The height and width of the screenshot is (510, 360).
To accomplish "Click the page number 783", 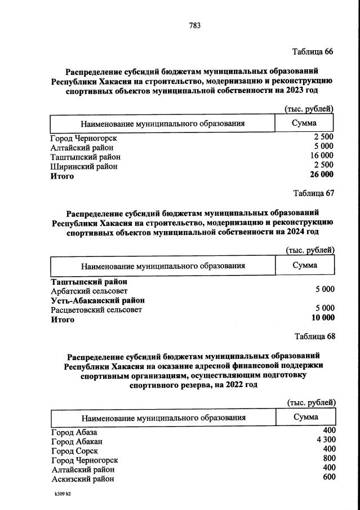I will [195, 25].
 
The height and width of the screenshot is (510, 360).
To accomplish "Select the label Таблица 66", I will [313, 51].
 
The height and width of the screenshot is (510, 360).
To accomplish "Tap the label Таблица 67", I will [314, 193].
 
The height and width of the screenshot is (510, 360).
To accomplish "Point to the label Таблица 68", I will [314, 336].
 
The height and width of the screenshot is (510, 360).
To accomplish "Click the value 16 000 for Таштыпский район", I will [322, 156].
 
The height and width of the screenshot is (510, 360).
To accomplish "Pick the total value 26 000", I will [322, 175].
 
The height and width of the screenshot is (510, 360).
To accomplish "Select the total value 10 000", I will [322, 318].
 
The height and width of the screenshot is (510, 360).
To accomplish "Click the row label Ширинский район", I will [84, 166].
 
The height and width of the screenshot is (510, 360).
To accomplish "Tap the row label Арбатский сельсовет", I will [89, 291].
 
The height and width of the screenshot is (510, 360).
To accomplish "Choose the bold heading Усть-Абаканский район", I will [97, 300].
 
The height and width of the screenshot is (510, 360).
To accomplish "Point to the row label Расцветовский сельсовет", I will [96, 309].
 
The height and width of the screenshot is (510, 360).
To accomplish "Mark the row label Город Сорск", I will [75, 451].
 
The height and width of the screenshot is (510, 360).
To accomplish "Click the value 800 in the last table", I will [330, 458].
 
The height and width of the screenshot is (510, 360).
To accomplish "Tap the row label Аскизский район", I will [83, 478].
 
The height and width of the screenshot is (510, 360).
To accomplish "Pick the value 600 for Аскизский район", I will [330, 477].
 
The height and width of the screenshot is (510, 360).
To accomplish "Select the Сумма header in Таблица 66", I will [304, 123].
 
